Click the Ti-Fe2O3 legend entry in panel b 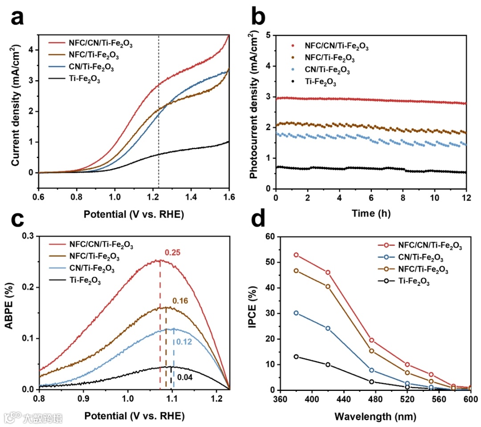pos(320,82)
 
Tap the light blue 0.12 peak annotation pos(182,342)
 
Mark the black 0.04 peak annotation pos(184,378)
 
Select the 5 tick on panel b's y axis pos(268,35)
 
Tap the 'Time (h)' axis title pos(371,214)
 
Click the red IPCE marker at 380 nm pos(296,255)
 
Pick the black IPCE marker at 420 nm pos(328,365)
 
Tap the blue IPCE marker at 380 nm pos(296,313)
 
